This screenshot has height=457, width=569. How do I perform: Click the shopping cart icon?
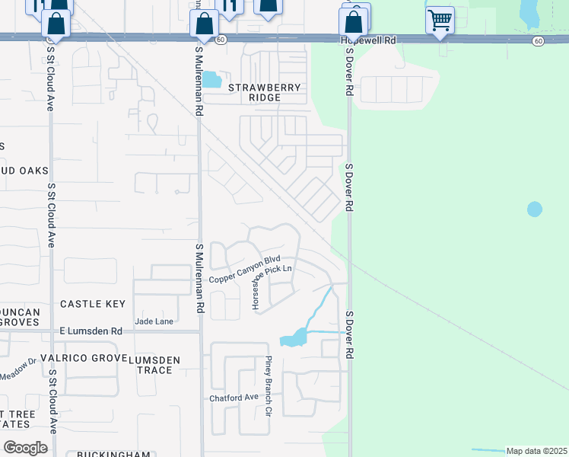pyautogui.click(x=440, y=20)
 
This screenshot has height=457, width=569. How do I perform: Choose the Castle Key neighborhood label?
pyautogui.click(x=93, y=304)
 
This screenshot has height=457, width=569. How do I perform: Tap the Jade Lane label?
pyautogui.click(x=154, y=322)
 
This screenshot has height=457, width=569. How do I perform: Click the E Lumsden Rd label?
pyautogui.click(x=91, y=331)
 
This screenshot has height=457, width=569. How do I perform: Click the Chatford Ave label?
pyautogui.click(x=234, y=398)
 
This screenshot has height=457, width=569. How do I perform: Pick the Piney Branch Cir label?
pyautogui.click(x=268, y=387)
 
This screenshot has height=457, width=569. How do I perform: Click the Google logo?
pyautogui.click(x=25, y=447)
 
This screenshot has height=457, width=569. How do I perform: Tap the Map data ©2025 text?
pyautogui.click(x=537, y=451)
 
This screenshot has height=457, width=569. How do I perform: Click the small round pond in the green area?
pyautogui.click(x=535, y=209)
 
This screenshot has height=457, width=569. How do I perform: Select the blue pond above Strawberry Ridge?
pyautogui.click(x=211, y=79)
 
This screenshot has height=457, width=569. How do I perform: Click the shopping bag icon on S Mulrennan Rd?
pyautogui.click(x=205, y=24)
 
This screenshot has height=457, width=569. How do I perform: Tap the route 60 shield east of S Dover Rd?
pyautogui.click(x=538, y=40)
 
